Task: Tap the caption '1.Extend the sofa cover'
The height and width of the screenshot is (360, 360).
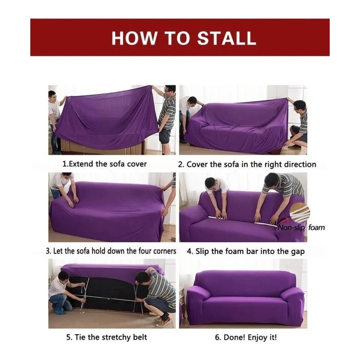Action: coord(104,164)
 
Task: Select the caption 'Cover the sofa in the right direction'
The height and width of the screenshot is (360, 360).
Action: coord(251,164)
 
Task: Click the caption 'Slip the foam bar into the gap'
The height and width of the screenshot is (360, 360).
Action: coord(250,251)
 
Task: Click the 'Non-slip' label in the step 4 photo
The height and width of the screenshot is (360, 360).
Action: coord(292,227)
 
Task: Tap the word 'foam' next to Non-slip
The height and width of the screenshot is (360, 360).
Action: coord(316,227)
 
